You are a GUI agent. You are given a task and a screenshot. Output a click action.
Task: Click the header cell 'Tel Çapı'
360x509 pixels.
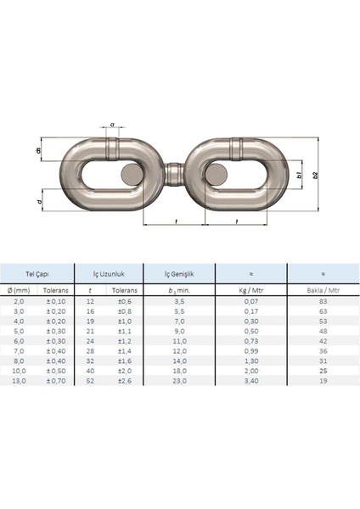(37, 273)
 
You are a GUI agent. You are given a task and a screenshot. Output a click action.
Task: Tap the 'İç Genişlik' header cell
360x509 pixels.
(178, 273)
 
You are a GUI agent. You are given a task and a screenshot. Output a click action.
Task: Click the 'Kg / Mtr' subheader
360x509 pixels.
(250, 289)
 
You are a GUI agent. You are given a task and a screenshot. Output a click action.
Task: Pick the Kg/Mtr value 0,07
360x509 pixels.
(250, 300)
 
